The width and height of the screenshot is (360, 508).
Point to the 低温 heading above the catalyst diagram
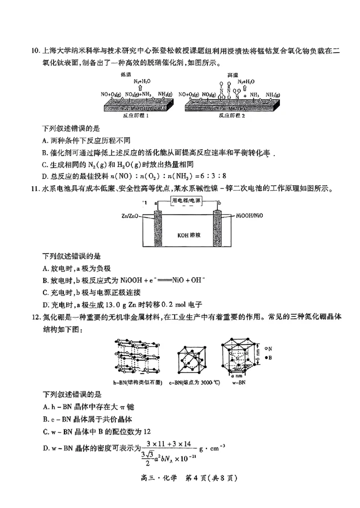coord(126,74)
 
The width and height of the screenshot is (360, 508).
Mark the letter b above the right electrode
coord(219,203)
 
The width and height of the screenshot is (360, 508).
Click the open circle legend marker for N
coord(266,348)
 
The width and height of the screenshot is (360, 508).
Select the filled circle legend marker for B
coord(266,357)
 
